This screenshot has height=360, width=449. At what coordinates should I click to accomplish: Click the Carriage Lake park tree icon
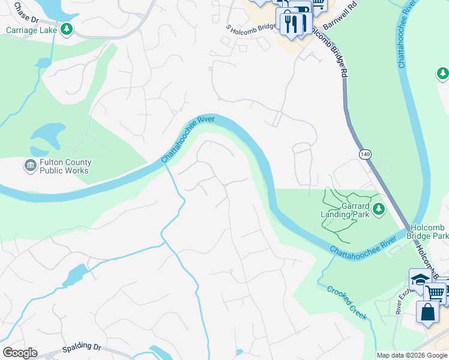click(x=66, y=29)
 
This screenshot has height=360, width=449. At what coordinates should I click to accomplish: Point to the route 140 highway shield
click(x=365, y=155)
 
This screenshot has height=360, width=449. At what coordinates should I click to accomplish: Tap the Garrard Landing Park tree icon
click(x=378, y=209)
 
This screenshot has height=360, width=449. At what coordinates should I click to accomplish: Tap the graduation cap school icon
click(x=420, y=280)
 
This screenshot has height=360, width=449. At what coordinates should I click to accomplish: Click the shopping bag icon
click(x=428, y=313)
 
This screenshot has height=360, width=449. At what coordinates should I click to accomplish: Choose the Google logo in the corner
click(x=19, y=353)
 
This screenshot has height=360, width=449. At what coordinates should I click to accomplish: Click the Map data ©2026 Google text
click(x=412, y=355)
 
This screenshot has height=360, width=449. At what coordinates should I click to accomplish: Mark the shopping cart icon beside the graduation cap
click(x=435, y=293)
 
